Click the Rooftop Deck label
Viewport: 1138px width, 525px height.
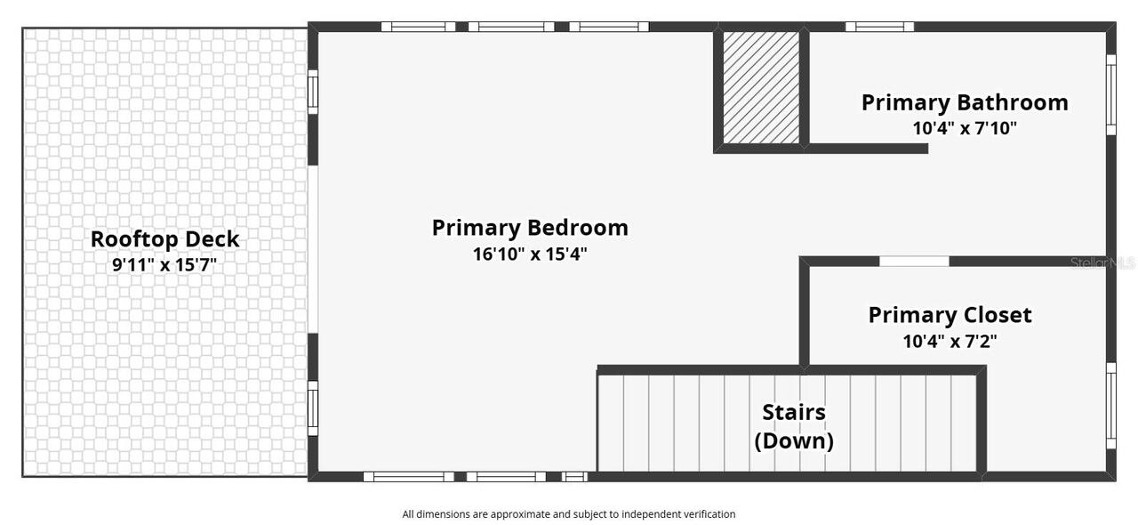point(165,239)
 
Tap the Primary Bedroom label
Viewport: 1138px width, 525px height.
point(530,228)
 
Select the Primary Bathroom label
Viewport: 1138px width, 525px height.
point(965,102)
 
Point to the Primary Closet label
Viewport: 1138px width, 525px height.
point(950,315)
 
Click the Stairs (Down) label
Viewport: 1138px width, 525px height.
point(794,426)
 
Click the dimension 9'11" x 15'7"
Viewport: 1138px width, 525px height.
point(164,264)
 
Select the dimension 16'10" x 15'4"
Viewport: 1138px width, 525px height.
point(530,254)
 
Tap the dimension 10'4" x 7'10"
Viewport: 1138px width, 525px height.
point(965,127)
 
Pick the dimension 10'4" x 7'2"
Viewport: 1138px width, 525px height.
point(950,340)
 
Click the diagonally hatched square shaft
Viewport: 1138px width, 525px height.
point(761,88)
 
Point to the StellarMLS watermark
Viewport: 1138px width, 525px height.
point(1102,263)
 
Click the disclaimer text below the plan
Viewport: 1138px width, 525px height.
point(569,513)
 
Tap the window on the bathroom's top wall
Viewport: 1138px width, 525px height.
point(879,27)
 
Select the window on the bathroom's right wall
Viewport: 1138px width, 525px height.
point(1110,94)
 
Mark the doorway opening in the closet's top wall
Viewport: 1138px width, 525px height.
point(914,262)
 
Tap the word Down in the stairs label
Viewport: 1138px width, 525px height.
point(794,441)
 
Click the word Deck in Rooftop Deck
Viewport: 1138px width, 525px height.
point(213,239)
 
